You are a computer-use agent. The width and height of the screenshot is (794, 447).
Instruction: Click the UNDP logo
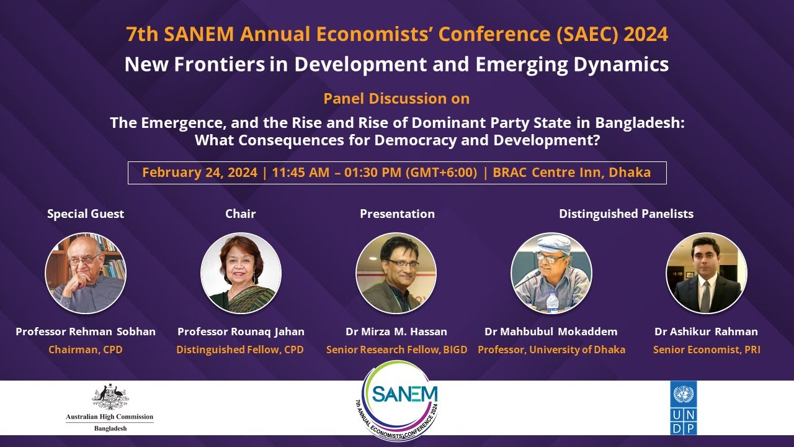point(683,408)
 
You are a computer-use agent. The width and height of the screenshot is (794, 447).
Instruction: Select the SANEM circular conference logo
point(399,401)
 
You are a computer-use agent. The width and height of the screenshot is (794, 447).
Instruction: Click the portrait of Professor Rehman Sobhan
point(86,273)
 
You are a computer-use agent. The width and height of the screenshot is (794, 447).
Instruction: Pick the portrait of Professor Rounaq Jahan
point(241,273)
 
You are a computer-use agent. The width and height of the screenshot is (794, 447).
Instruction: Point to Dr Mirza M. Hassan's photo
point(396,273)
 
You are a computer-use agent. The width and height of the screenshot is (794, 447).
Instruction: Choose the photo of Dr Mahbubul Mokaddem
point(551,273)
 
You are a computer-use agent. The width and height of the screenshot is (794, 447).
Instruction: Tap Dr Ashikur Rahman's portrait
point(706,273)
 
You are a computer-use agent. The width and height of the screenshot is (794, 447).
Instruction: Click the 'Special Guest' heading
point(86,214)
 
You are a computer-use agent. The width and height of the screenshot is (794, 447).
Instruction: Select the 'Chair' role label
point(241,214)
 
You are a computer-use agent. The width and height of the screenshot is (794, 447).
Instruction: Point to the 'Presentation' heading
point(397,214)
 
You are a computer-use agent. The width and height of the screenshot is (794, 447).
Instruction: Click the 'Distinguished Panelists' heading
point(626,214)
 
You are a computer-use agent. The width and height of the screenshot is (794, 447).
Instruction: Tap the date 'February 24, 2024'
point(199,173)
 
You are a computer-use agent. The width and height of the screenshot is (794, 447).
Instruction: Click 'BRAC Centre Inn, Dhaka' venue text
point(571,173)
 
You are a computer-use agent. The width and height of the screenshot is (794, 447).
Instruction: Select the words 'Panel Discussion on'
point(396,98)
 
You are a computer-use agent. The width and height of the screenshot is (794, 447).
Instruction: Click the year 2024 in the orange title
point(646,35)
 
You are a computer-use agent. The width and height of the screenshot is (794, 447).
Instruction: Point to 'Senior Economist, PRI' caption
point(707,350)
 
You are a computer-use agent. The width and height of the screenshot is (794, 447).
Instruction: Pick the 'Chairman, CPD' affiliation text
point(86,350)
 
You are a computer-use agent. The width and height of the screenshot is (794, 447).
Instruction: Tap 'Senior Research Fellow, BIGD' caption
point(396,350)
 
